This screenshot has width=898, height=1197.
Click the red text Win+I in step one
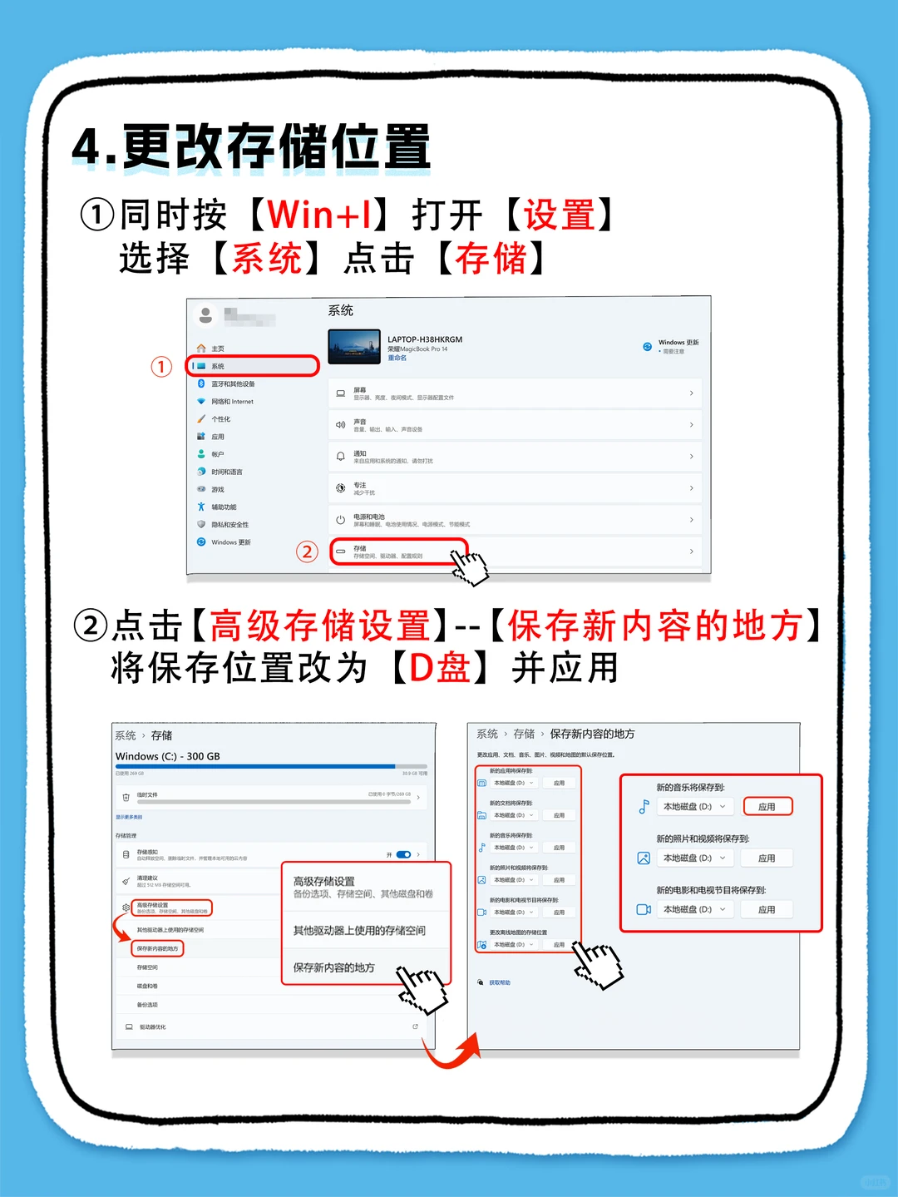point(320,215)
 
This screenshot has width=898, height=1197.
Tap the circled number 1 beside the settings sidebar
point(161,367)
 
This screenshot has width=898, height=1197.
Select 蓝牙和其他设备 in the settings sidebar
point(233,384)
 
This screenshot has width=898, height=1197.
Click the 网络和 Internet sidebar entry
point(232,402)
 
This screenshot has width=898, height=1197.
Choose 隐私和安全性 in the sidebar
point(229,525)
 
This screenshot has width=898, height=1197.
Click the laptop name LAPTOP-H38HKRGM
point(425,339)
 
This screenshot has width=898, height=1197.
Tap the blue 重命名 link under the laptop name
point(397,359)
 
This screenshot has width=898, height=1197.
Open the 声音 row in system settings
point(516,425)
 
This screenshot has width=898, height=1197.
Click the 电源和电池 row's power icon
point(340,521)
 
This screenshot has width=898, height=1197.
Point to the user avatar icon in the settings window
point(205,315)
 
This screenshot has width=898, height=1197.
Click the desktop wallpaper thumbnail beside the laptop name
point(354,347)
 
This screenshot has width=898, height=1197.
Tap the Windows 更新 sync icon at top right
point(647,347)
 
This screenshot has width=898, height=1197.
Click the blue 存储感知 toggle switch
point(404,854)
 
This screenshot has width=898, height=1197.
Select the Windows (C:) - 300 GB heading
point(168,756)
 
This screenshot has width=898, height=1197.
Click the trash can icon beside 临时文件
point(126,797)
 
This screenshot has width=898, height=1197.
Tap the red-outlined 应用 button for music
point(767,806)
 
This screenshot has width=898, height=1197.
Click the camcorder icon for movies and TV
point(644,909)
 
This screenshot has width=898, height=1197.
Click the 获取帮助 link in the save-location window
point(500,982)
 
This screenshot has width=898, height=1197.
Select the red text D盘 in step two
point(441,668)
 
